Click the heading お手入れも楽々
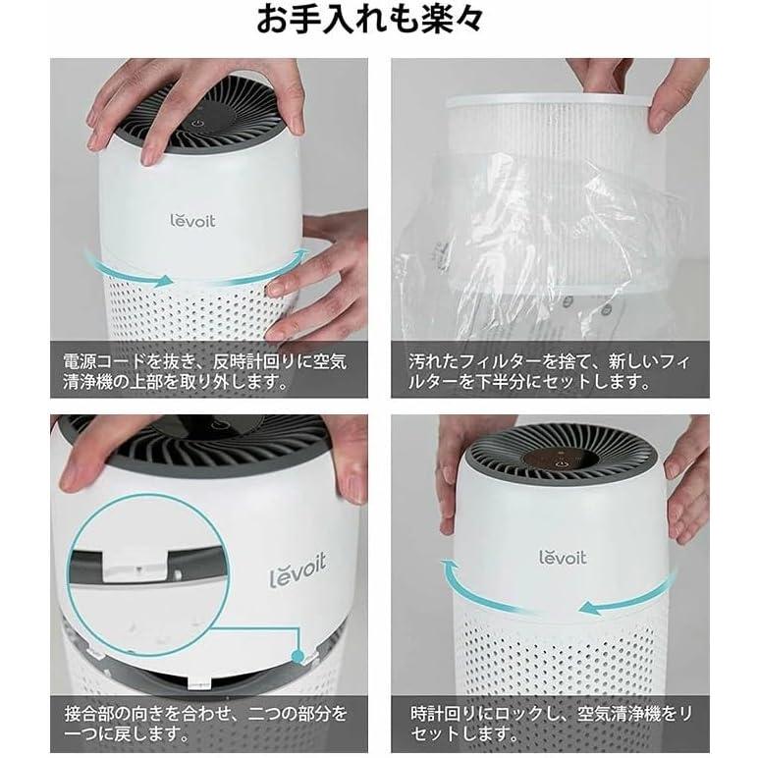click(378, 22)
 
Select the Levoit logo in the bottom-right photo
click(563, 557)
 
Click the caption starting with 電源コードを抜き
click(208, 369)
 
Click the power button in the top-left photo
click(198, 126)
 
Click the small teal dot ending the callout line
click(295, 653)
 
